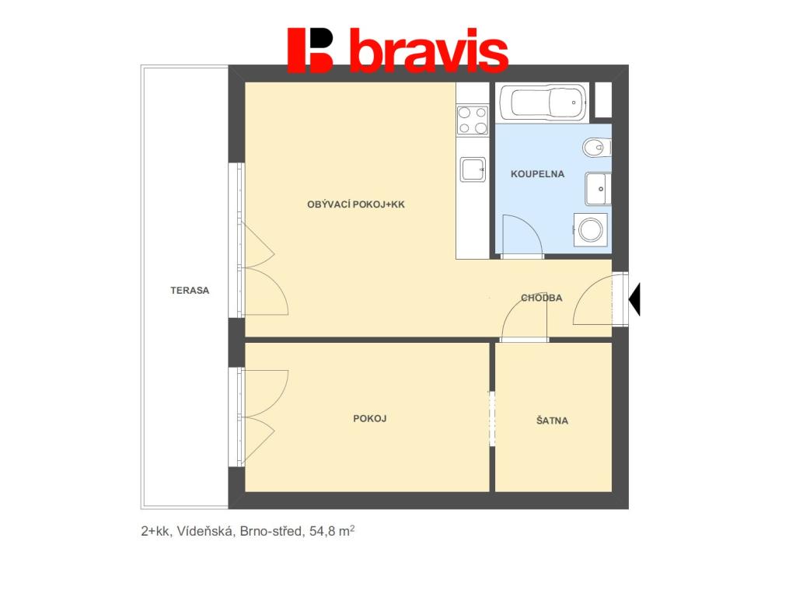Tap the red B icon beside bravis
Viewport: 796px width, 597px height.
(x=310, y=50)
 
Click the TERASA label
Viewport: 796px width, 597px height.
(x=190, y=291)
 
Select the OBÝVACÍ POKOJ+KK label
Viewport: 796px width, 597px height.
(x=356, y=205)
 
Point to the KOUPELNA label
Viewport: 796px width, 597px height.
(x=537, y=174)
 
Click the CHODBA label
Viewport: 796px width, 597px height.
(x=541, y=298)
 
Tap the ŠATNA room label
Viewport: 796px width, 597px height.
(x=552, y=421)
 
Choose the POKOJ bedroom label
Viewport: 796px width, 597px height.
(x=369, y=419)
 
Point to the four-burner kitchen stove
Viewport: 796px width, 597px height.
(x=472, y=120)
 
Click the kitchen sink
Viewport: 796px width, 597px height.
(x=472, y=168)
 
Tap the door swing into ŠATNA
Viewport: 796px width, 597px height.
(x=522, y=319)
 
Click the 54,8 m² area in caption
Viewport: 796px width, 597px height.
(x=333, y=532)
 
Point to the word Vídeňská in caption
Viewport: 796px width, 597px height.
(x=205, y=532)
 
